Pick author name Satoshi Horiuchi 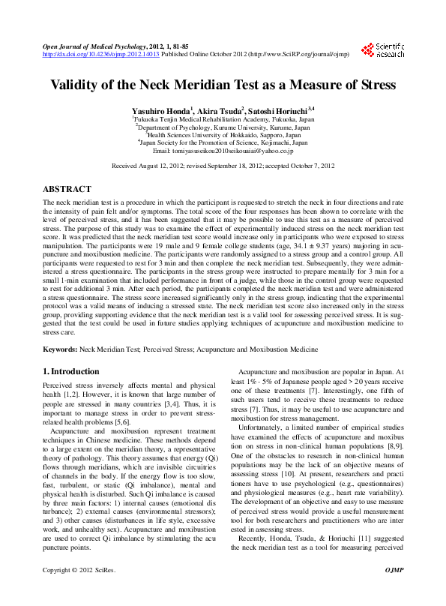coord(283,109)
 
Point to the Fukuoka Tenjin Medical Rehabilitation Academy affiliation coord(223,119)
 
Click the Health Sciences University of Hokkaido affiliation coord(223,134)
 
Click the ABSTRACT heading coord(67,190)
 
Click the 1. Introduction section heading coord(70,371)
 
